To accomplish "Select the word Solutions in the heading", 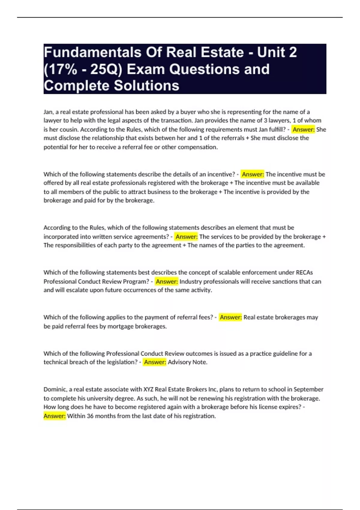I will point(147,85).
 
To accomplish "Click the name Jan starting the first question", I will point(48,112).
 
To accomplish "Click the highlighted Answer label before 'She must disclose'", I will point(303,130).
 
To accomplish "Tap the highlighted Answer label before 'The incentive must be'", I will point(253,174).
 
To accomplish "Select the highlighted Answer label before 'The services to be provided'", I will point(186,237).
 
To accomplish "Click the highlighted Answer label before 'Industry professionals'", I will point(167,281).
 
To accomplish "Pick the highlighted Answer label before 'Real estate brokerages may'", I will point(231,317).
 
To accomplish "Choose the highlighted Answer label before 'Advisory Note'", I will point(155,362).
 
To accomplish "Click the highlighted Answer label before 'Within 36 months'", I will point(55,416).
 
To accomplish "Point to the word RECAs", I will point(304,272).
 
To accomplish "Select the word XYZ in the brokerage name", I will point(148,389).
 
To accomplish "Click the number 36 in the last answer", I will point(90,416).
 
